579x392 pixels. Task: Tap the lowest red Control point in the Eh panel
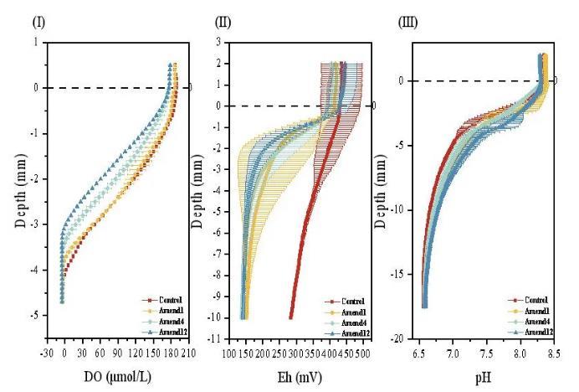tap(290, 317)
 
